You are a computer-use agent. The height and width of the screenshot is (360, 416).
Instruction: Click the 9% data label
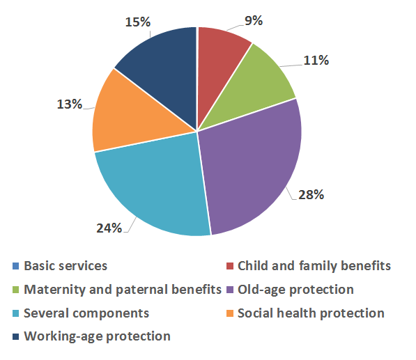(254, 21)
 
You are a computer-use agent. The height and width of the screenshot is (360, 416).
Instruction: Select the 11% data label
(316, 61)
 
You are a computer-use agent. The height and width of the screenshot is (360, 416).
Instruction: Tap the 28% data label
(311, 195)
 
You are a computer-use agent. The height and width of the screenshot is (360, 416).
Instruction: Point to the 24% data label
(109, 228)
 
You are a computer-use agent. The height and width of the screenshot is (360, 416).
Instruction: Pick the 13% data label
(70, 104)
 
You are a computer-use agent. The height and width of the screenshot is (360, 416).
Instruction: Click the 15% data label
(138, 22)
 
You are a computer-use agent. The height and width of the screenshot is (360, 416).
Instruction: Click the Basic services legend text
(66, 266)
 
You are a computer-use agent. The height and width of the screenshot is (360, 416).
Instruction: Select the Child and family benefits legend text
(314, 266)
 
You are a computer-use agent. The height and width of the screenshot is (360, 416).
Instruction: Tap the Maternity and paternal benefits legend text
(123, 290)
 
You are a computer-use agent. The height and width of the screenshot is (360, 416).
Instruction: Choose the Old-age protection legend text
(295, 290)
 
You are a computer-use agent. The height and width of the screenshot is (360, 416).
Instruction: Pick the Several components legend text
(86, 313)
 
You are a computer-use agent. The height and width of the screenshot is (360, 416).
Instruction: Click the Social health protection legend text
(311, 313)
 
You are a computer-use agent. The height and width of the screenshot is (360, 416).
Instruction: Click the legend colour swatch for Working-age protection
(15, 336)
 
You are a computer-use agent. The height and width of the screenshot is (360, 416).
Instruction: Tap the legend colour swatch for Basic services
(15, 266)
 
